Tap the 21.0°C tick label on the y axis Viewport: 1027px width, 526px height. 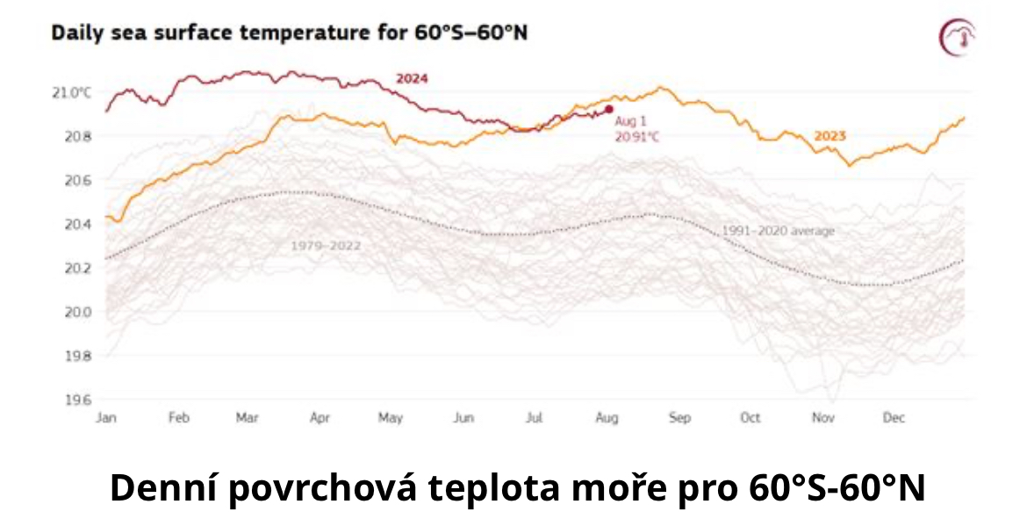pos(71,93)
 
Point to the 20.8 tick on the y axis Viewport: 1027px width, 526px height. pos(77,137)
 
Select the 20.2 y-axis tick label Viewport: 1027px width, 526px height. pos(77,268)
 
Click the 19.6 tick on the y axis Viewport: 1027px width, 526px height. pos(77,400)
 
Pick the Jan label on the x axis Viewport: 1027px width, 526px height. pos(106,417)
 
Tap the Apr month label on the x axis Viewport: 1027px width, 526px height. pos(320,417)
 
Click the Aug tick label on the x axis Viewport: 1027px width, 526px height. pos(607,417)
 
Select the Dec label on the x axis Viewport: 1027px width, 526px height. pos(894,417)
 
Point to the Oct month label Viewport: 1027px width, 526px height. pos(750,417)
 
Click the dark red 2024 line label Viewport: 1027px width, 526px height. pos(412,79)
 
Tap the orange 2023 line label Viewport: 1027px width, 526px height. pos(829,136)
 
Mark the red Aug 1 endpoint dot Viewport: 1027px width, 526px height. pos(609,110)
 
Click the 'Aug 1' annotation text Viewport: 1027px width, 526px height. pos(630,121)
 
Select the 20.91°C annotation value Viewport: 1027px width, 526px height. pos(636,137)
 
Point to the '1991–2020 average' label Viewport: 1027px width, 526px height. pos(778,231)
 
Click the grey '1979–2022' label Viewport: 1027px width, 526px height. pos(327,246)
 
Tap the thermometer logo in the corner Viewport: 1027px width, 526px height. pos(958,38)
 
